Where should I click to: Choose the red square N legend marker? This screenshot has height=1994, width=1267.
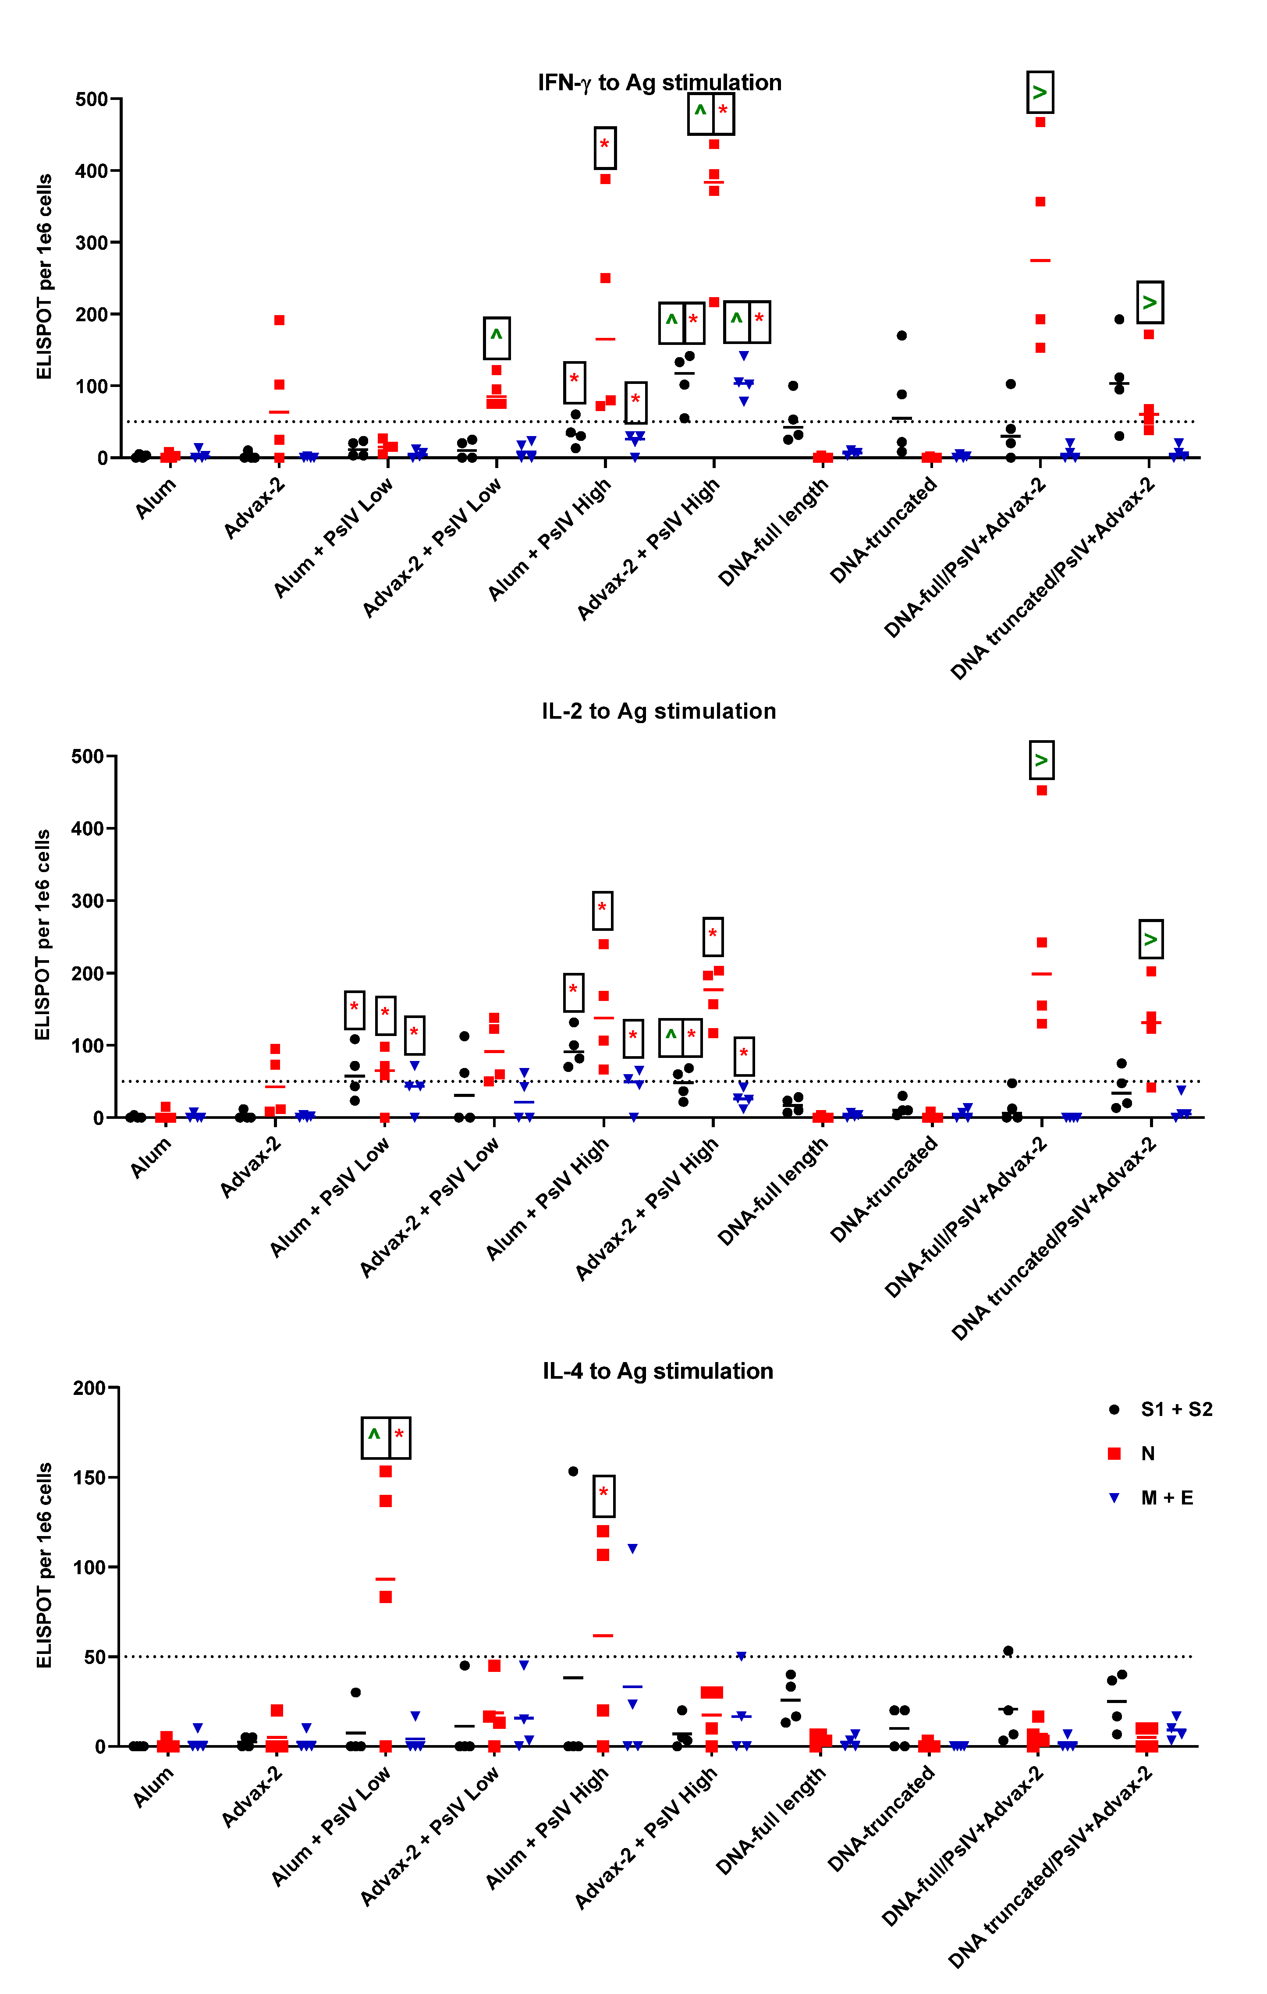[1114, 1453]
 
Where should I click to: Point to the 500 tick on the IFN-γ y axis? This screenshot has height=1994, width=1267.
[91, 99]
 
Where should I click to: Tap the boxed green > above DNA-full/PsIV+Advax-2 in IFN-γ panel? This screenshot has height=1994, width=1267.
[1040, 93]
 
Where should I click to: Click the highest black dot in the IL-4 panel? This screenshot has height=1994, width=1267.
[573, 1472]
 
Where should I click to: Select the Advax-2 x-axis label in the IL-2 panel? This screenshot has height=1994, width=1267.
[251, 1167]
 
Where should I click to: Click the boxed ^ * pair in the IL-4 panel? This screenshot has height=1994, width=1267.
[386, 1438]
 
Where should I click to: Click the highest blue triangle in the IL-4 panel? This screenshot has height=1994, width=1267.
[633, 1548]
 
